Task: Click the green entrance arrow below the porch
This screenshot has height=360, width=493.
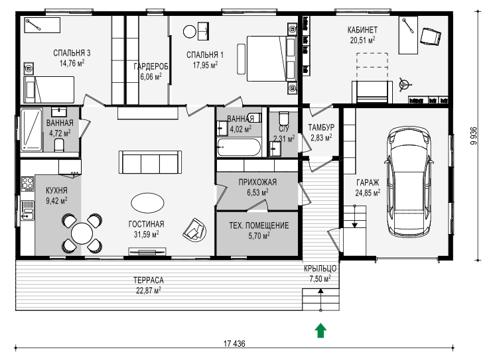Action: click(320, 330)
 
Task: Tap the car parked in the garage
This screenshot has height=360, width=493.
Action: click(409, 182)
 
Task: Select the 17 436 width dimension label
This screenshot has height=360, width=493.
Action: click(234, 343)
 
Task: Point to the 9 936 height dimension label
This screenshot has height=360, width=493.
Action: click(474, 136)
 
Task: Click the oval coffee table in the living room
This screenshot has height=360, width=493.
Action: click(147, 204)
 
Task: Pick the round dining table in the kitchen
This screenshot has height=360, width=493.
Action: click(82, 233)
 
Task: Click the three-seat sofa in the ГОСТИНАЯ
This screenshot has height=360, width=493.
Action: click(151, 162)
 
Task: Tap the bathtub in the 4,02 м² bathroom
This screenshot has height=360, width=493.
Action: click(239, 147)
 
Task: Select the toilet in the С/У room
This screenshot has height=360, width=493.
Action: click(283, 119)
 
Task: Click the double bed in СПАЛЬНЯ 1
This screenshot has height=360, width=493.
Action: click(271, 58)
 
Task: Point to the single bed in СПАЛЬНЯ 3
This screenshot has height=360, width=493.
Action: click(49, 90)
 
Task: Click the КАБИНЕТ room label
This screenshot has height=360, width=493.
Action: click(362, 30)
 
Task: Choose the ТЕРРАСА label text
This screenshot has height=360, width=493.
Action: click(149, 280)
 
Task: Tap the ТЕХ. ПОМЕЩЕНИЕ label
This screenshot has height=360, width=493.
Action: click(259, 225)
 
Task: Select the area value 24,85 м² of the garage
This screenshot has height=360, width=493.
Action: click(368, 192)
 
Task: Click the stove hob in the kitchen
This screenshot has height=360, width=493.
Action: click(27, 184)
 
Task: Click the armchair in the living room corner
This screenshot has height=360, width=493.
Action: click(194, 230)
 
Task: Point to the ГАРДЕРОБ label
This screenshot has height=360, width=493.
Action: click(151, 66)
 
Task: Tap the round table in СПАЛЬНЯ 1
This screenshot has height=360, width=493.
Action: click(190, 32)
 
